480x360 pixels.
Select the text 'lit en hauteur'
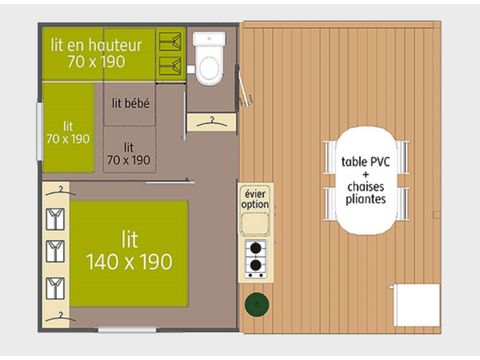click(x=96, y=46)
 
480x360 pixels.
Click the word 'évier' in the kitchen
click(x=255, y=192)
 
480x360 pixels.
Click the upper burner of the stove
click(x=255, y=248)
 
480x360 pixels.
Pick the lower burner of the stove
click(x=255, y=267)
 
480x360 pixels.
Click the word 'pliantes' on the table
click(x=367, y=198)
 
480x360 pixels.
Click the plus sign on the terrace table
click(x=367, y=173)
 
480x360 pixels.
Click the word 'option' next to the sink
click(x=255, y=204)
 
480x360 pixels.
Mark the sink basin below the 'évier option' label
click(x=255, y=223)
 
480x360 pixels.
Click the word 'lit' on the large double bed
click(x=130, y=240)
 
